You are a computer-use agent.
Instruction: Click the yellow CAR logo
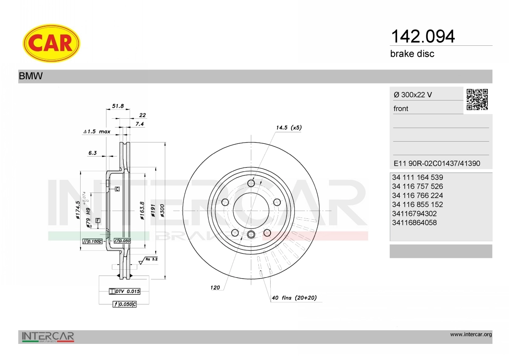51,43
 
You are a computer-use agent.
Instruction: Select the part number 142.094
422,36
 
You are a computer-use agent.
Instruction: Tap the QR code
477,100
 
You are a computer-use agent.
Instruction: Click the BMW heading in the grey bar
31,76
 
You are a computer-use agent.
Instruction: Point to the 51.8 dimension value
118,106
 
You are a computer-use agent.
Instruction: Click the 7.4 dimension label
140,124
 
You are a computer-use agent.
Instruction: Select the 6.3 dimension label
92,153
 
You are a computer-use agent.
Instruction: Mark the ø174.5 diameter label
78,210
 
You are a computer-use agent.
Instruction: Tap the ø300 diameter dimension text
162,210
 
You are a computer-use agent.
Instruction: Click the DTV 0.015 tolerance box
125,291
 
